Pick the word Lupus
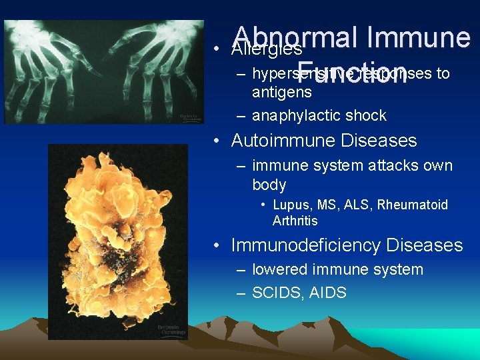point(288,205)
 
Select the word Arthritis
point(295,221)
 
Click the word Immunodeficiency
point(306,245)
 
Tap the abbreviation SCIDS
point(277,293)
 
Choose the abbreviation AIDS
point(328,293)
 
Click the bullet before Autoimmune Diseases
point(217,141)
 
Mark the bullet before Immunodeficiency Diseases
point(217,246)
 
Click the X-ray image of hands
point(103,71)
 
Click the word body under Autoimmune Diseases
point(269,185)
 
